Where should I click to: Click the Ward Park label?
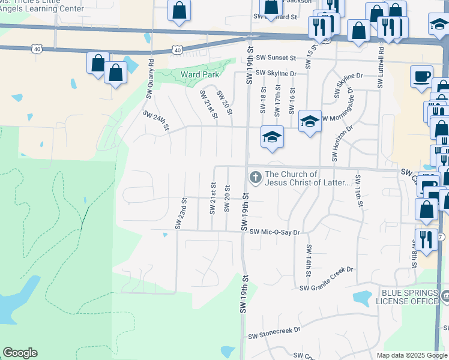(x=200, y=76)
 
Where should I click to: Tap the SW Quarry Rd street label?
(x=150, y=77)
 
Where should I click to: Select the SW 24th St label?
(x=156, y=121)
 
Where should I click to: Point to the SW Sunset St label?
(x=276, y=58)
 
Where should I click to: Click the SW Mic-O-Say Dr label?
(x=274, y=232)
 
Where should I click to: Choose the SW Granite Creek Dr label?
(x=327, y=287)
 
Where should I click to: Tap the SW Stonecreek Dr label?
(x=272, y=329)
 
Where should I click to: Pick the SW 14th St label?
(x=309, y=260)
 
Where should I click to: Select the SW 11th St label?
(x=358, y=191)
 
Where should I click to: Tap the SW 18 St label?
(x=263, y=99)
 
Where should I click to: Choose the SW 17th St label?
(x=278, y=99)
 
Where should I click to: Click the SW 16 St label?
(x=292, y=100)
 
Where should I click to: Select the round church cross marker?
(x=255, y=177)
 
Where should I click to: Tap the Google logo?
(x=20, y=352)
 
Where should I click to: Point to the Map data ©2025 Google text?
(x=411, y=355)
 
